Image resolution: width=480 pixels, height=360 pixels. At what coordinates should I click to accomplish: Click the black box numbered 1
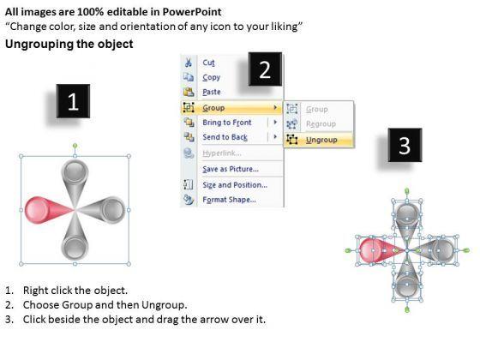(73, 101)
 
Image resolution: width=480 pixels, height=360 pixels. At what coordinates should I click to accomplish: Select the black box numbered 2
(265, 69)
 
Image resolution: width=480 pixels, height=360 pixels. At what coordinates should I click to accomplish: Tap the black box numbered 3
(405, 145)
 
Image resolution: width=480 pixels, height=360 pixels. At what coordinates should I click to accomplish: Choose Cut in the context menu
(208, 63)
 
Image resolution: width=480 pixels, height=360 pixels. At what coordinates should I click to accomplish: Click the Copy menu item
(211, 77)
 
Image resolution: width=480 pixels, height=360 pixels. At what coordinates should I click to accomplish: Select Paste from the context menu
(212, 92)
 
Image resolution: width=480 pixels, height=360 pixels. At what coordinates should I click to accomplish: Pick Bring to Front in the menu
(227, 123)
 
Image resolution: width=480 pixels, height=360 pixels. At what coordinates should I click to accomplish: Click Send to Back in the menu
(225, 137)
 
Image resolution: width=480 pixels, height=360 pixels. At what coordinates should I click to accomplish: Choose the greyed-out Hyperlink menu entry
(222, 153)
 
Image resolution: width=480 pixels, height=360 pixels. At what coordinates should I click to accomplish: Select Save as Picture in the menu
(231, 169)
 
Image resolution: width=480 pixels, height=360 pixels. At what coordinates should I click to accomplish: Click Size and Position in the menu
(235, 185)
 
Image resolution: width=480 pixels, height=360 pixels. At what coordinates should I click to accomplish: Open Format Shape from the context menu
(230, 200)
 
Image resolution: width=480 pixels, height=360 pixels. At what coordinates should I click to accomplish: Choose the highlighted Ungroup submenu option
(321, 140)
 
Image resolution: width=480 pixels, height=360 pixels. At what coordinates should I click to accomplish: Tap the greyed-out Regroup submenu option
(321, 124)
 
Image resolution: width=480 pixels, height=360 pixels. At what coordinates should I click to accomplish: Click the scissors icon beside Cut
(189, 63)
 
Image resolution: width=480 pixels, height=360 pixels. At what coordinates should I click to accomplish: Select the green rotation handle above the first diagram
(75, 146)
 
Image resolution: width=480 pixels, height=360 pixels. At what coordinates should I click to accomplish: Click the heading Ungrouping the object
(69, 44)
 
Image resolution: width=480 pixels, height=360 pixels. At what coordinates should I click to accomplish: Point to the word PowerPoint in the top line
(192, 12)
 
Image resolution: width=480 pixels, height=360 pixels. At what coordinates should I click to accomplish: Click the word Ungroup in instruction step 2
(163, 305)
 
